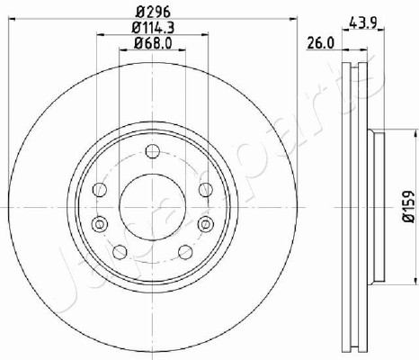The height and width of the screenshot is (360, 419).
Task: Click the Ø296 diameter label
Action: pyautogui.click(x=153, y=13)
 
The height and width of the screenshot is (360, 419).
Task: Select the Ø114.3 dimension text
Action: pyautogui.click(x=153, y=28)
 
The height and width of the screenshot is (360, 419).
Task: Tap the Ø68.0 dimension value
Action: pyautogui.click(x=153, y=44)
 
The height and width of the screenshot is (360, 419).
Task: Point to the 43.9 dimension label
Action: pyautogui.click(x=363, y=22)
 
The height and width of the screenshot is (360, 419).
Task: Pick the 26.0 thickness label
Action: pyautogui.click(x=320, y=44)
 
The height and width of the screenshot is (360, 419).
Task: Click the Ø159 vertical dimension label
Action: pyautogui.click(x=408, y=206)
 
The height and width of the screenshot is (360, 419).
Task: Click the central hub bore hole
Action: pyautogui.click(x=153, y=207)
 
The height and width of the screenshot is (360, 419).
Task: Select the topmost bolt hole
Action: pyautogui.click(x=153, y=151)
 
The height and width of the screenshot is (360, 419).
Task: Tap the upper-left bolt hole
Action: pyautogui.click(x=100, y=190)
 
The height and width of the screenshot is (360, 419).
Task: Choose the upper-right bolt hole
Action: pyautogui.click(x=206, y=190)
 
